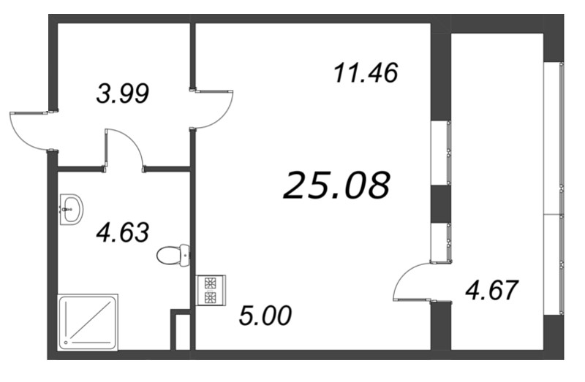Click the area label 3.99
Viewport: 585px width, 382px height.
pos(123,93)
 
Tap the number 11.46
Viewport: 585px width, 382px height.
pos(365,73)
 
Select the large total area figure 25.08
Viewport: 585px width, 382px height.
pos(336,186)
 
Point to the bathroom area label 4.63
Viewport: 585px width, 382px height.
pos(123,233)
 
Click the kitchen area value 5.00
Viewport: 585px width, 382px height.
pos(265,316)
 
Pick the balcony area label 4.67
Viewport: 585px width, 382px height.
pos(491,290)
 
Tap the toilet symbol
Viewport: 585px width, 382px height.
pos(174,255)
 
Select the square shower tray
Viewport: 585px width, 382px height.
pos(88,320)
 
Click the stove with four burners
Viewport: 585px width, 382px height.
pos(211,290)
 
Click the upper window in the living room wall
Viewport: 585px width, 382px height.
pos(440,152)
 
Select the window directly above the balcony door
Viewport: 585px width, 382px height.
pos(440,242)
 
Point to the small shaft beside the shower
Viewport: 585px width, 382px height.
pos(181,330)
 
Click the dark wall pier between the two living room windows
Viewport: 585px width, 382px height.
pos(440,204)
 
